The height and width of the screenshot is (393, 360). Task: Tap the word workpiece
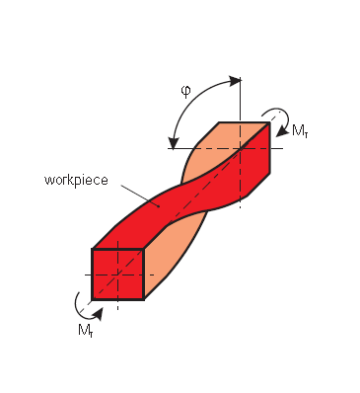pos(74,181)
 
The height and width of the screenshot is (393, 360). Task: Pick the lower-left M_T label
pos(86,330)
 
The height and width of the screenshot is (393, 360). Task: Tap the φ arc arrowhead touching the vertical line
pos(234,79)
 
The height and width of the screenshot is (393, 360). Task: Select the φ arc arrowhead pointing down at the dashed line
pos(174,142)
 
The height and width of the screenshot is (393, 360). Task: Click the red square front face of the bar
pos(117,273)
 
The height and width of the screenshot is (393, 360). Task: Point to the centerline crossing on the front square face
pos(118,274)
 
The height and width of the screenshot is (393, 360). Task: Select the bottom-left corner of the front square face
pos(93,297)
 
